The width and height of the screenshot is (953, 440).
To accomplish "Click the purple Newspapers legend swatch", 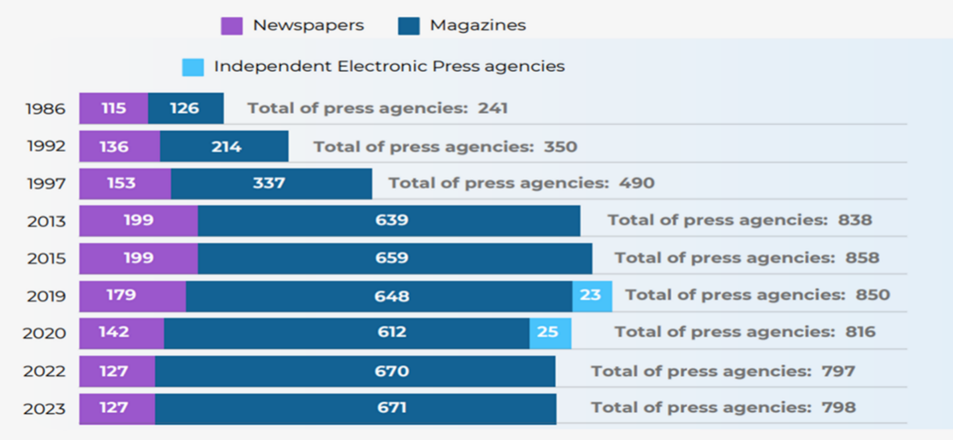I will click(231, 26).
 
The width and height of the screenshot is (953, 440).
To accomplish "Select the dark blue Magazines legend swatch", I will click(409, 26).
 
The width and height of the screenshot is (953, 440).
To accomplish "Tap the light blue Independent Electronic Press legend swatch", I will click(193, 67).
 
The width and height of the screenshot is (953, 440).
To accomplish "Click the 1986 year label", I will click(45, 109).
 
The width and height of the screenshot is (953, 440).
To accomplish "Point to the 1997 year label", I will click(46, 183).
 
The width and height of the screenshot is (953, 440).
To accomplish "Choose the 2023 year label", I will click(45, 408).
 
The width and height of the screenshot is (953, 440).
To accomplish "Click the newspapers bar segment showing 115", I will click(113, 109).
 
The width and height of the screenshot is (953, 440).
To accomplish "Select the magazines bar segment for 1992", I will click(224, 146).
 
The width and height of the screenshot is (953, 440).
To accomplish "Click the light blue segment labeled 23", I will click(592, 296).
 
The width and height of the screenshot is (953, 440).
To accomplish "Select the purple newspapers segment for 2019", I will click(132, 296).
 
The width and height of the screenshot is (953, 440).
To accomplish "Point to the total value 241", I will click(492, 108).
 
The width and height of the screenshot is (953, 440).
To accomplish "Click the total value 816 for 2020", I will click(860, 331).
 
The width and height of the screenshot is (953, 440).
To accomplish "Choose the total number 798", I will click(839, 407).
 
